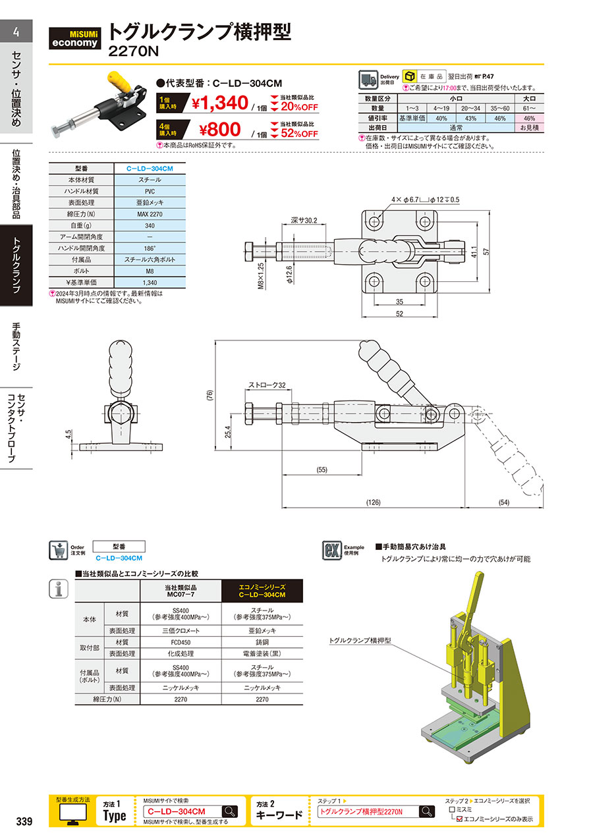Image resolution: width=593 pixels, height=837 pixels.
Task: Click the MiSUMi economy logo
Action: (74, 38)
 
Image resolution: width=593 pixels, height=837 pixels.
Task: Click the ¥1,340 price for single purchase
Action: (220, 103)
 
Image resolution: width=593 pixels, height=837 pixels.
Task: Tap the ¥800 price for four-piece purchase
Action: (220, 130)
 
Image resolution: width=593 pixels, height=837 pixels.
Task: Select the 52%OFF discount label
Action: (299, 134)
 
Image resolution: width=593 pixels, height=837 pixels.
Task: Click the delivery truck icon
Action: (368, 80)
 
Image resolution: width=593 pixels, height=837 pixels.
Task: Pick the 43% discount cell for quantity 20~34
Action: (470, 119)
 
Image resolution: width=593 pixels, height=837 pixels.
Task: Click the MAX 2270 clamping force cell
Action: (150, 214)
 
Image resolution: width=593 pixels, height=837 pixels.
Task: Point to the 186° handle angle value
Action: (150, 248)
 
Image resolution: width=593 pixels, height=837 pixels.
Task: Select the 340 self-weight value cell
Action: (150, 225)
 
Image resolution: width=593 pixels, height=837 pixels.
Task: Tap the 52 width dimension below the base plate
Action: (400, 314)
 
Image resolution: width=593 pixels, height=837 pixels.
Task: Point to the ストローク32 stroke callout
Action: (267, 385)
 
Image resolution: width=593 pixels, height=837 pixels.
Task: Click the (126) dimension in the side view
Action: (373, 502)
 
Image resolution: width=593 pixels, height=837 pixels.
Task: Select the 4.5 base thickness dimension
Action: (68, 434)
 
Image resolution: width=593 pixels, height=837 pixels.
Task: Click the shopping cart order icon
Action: (59, 550)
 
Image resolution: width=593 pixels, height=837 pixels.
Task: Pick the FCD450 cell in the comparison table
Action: (181, 642)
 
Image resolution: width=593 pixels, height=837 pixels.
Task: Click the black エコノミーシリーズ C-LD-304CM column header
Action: (262, 591)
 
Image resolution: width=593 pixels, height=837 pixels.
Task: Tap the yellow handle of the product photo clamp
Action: (119, 84)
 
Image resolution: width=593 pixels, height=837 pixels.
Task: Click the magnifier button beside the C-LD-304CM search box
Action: (230, 811)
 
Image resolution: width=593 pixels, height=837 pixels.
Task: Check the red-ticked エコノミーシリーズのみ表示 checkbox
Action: (459, 819)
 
